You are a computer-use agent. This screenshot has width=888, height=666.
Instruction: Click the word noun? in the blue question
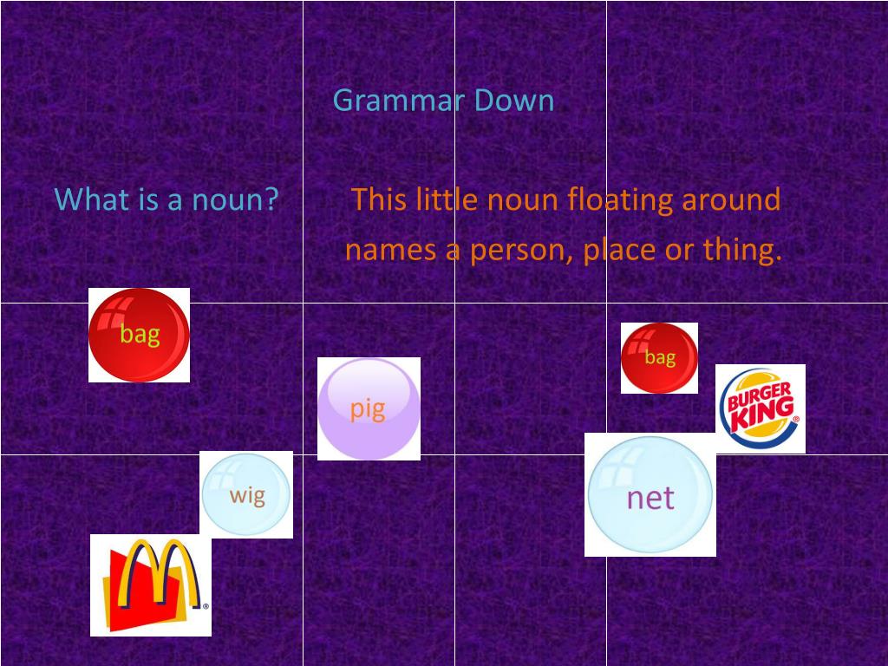(x=235, y=200)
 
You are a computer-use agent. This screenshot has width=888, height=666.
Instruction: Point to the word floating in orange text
(x=620, y=200)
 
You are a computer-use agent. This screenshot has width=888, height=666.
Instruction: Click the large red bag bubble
(x=139, y=335)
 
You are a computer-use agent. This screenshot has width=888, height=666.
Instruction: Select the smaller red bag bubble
(x=659, y=357)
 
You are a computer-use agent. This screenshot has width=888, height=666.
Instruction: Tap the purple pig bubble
(x=369, y=408)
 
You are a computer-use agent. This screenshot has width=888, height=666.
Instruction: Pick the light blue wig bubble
(x=246, y=494)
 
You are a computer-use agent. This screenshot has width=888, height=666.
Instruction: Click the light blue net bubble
(x=650, y=495)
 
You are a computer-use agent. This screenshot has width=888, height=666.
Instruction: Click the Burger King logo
(x=760, y=408)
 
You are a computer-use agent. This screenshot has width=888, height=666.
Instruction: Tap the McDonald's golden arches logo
(x=151, y=584)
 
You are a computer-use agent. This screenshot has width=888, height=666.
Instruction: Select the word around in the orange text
(x=731, y=200)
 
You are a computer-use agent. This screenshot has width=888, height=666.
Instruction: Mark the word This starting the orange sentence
(x=379, y=200)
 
